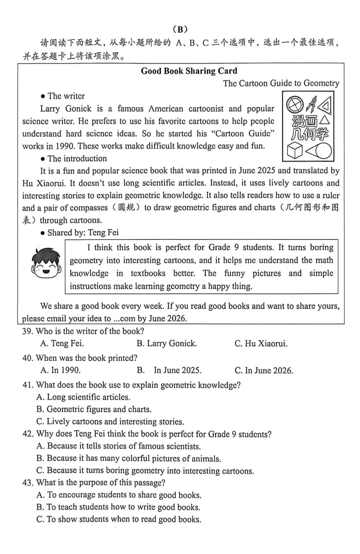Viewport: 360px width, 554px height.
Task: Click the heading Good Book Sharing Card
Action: (189, 71)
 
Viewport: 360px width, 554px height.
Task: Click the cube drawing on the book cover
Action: (294, 150)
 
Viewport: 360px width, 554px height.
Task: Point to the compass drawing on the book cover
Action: (311, 104)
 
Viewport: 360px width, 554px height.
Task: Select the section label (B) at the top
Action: (180, 29)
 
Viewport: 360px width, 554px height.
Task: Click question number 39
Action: (28, 331)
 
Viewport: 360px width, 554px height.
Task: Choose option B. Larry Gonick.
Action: (167, 343)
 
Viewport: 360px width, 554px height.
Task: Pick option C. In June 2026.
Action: (264, 370)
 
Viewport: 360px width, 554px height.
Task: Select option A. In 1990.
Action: (60, 370)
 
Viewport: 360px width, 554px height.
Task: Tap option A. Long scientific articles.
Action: (83, 397)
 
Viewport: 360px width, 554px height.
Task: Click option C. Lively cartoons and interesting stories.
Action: (110, 422)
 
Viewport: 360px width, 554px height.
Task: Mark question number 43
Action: (28, 483)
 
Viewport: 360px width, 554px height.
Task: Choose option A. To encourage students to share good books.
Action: (119, 495)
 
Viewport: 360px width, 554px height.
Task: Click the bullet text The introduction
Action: (77, 158)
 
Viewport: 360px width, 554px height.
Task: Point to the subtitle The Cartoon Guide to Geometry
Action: (281, 83)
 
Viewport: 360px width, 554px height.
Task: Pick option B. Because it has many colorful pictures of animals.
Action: (129, 458)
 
